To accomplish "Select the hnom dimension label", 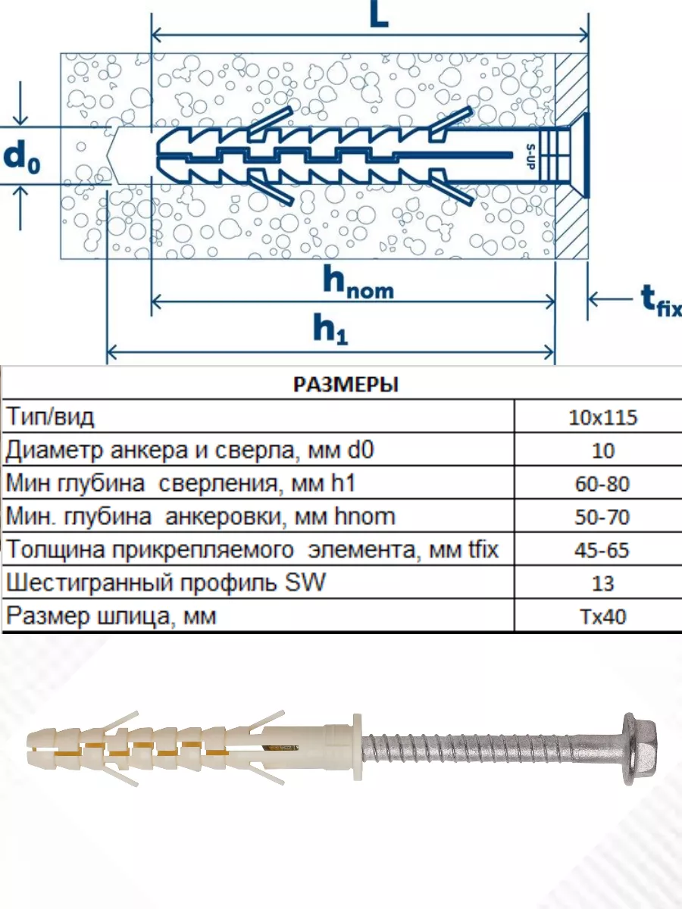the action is [358, 284].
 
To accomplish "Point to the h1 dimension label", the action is [330, 330].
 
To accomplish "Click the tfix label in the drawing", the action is [662, 300].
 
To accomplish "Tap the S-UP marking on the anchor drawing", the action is [530, 156].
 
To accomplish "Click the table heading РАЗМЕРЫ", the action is [346, 384].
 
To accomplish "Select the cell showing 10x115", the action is [602, 417].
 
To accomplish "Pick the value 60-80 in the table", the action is [602, 484].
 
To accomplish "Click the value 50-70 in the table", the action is [602, 517].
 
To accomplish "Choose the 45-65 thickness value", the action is [602, 550].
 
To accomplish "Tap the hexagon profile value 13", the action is [603, 583].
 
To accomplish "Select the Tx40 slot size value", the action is [603, 617].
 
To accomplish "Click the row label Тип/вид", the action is [50, 417].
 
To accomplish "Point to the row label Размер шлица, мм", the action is [111, 616].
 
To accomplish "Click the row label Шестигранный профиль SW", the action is [166, 583].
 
